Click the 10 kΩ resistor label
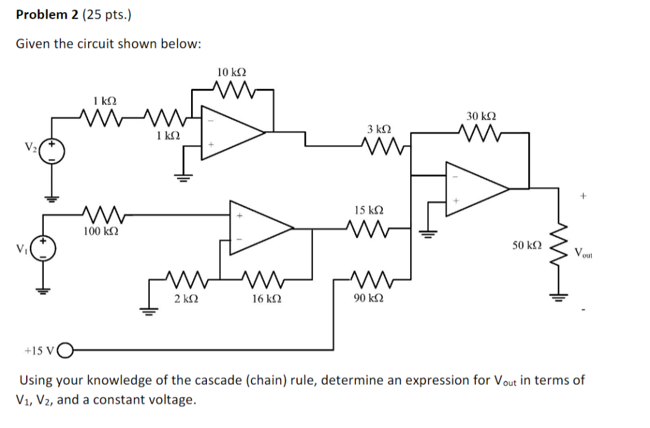pos(231,73)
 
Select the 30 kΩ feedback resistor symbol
pos(481,133)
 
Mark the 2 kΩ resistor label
pos(186,297)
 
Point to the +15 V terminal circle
pos(65,349)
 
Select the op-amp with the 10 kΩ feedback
pos(232,132)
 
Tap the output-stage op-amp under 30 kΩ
pos(475,188)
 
